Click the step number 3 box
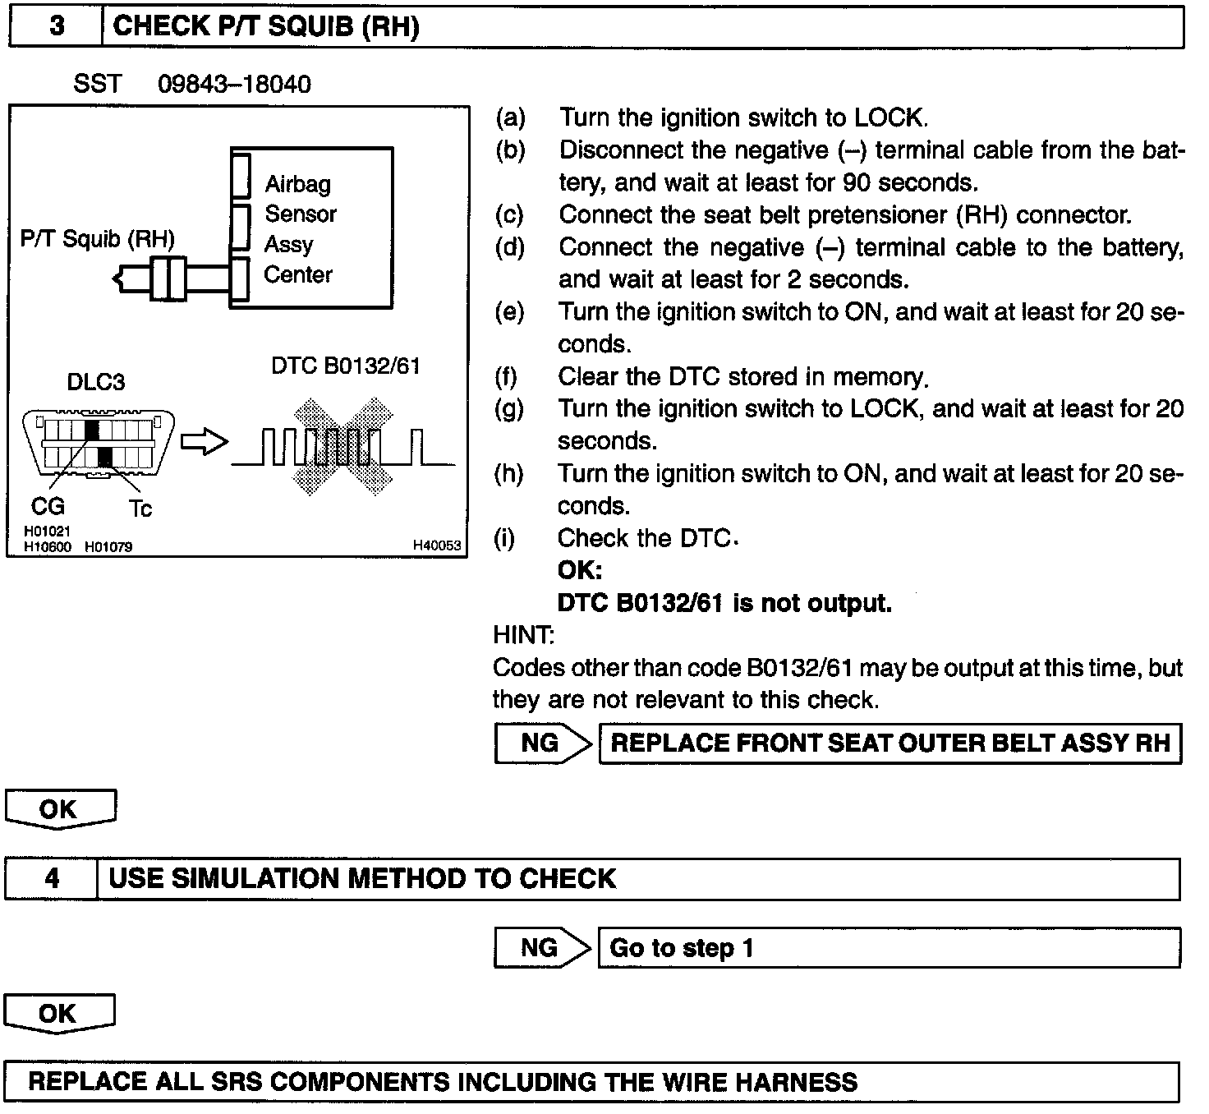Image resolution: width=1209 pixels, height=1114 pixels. pyautogui.click(x=56, y=26)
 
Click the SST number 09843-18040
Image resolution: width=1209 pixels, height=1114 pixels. pyautogui.click(x=234, y=84)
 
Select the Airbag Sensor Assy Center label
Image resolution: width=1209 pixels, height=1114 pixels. pyautogui.click(x=300, y=229)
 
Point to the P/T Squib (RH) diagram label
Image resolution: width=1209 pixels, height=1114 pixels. pyautogui.click(x=98, y=239)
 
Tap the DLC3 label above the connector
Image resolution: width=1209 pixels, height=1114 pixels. pyautogui.click(x=96, y=382)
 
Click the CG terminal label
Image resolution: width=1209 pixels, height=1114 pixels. pyautogui.click(x=48, y=506)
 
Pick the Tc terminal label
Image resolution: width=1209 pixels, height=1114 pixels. pyautogui.click(x=140, y=509)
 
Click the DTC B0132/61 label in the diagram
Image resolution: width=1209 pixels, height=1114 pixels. pyautogui.click(x=345, y=366)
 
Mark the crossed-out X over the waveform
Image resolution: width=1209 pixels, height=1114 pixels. pyautogui.click(x=343, y=446)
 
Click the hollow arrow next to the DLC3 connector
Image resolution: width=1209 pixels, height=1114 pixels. pyautogui.click(x=203, y=443)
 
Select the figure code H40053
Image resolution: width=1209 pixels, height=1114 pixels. pyautogui.click(x=436, y=545)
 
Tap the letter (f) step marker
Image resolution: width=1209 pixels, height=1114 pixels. pyautogui.click(x=507, y=377)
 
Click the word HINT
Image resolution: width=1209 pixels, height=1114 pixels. pyautogui.click(x=523, y=635)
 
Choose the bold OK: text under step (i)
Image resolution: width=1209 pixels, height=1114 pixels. pyautogui.click(x=579, y=570)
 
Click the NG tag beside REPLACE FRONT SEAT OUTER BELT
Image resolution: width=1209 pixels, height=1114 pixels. pyautogui.click(x=540, y=743)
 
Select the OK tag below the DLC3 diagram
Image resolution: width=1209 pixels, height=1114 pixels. pyautogui.click(x=59, y=809)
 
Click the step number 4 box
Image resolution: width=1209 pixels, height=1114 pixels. pyautogui.click(x=51, y=878)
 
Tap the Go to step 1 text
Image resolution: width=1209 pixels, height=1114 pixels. pyautogui.click(x=681, y=948)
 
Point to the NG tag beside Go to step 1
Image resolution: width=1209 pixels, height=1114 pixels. pyautogui.click(x=540, y=948)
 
